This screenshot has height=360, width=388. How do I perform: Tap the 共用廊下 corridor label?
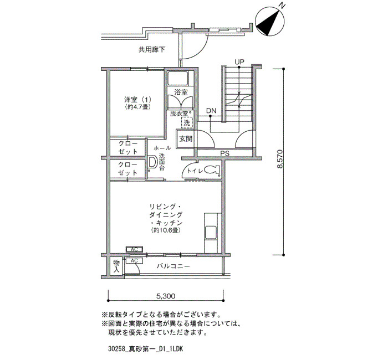[x=152, y=50]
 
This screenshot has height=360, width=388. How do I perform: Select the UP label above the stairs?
[x=239, y=62]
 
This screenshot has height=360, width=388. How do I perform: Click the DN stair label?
[x=211, y=111]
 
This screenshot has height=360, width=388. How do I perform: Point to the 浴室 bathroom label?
[x=181, y=92]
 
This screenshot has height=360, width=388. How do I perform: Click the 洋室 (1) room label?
[x=137, y=100]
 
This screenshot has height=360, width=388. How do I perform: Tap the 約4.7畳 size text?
[x=138, y=107]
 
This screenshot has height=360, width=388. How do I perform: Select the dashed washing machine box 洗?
[x=187, y=122]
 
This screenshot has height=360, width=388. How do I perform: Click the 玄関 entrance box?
[x=185, y=138]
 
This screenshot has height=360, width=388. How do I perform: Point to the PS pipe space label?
[x=224, y=153]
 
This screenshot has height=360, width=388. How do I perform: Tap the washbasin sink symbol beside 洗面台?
[x=152, y=162]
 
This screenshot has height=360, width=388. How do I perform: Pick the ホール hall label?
[x=162, y=148]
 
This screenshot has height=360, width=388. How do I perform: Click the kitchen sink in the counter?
[x=211, y=233]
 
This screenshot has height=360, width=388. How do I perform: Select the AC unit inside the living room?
[x=134, y=249]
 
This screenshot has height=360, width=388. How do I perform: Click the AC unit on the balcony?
[x=134, y=261]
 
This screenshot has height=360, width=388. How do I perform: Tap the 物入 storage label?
[x=116, y=266]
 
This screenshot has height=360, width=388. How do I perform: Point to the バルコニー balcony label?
[x=173, y=266]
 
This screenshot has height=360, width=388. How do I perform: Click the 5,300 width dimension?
[x=166, y=296]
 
